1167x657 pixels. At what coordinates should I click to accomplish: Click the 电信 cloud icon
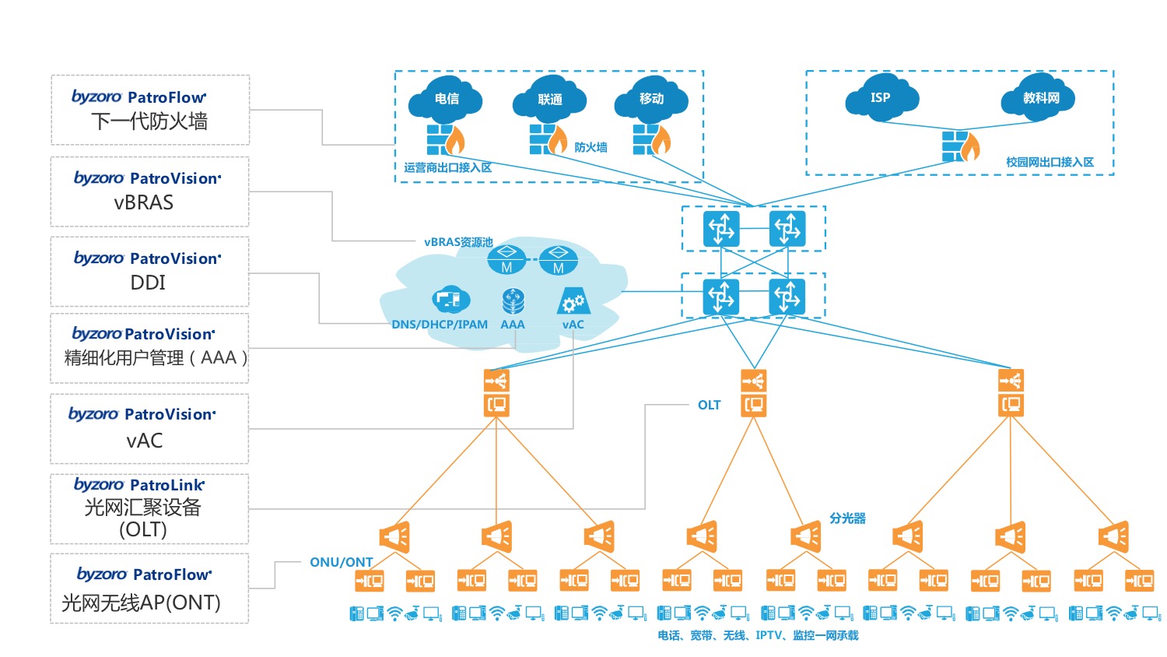click(x=445, y=98)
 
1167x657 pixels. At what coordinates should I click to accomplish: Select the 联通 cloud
click(x=549, y=99)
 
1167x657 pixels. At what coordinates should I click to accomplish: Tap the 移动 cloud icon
click(x=651, y=99)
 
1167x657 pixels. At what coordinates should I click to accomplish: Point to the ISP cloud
click(x=881, y=97)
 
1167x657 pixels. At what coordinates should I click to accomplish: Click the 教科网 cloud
click(x=1039, y=97)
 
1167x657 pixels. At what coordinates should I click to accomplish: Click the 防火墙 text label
click(x=591, y=147)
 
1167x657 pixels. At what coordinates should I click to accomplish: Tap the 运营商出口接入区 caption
click(x=447, y=167)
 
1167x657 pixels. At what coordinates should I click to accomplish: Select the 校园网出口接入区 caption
click(x=1050, y=162)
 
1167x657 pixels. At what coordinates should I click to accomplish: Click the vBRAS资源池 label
click(x=458, y=242)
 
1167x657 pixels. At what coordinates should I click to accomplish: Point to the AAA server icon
click(x=513, y=300)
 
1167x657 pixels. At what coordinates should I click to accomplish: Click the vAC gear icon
click(x=573, y=301)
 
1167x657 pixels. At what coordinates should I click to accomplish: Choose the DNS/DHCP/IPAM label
click(x=440, y=325)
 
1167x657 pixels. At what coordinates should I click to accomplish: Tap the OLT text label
click(x=709, y=405)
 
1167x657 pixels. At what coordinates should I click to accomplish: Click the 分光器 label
click(x=847, y=518)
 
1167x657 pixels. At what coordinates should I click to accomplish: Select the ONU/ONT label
click(x=342, y=562)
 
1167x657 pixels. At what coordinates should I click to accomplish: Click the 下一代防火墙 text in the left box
click(x=149, y=121)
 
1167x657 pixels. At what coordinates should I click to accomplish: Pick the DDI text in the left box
click(x=148, y=283)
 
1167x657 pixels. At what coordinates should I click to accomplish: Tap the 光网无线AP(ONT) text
click(x=141, y=603)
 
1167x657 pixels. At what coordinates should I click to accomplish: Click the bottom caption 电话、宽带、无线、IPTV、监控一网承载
click(x=758, y=635)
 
